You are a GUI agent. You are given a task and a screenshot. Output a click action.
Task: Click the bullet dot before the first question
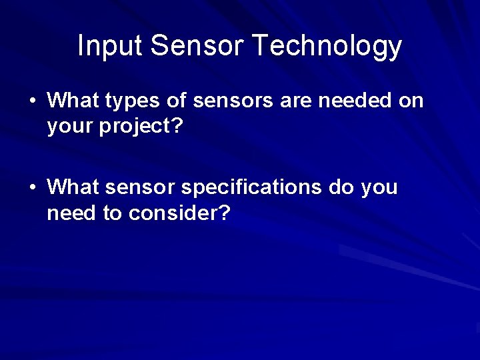tap(32, 101)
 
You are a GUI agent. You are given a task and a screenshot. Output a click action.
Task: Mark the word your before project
tap(70, 127)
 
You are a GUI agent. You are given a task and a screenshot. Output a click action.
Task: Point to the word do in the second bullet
tap(341, 188)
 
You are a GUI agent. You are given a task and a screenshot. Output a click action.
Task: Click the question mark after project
tap(177, 126)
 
